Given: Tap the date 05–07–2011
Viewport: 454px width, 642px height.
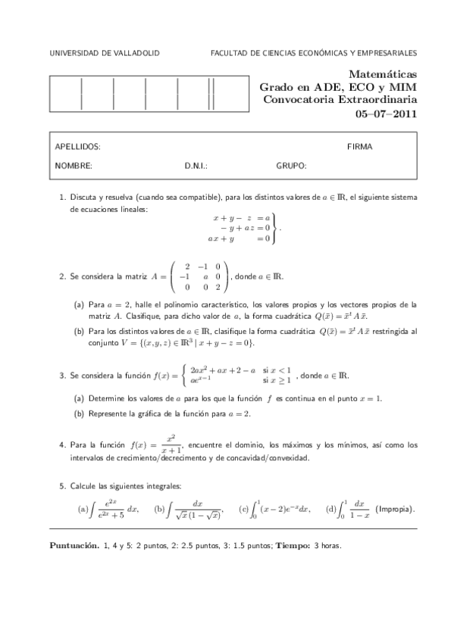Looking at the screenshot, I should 386,114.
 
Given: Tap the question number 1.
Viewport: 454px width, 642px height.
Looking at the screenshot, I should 61,197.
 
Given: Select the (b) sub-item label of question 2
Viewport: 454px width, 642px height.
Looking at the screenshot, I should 79,332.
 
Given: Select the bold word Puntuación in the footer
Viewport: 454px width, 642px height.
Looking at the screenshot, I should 74,544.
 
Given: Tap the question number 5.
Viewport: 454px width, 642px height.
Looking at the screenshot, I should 61,485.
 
